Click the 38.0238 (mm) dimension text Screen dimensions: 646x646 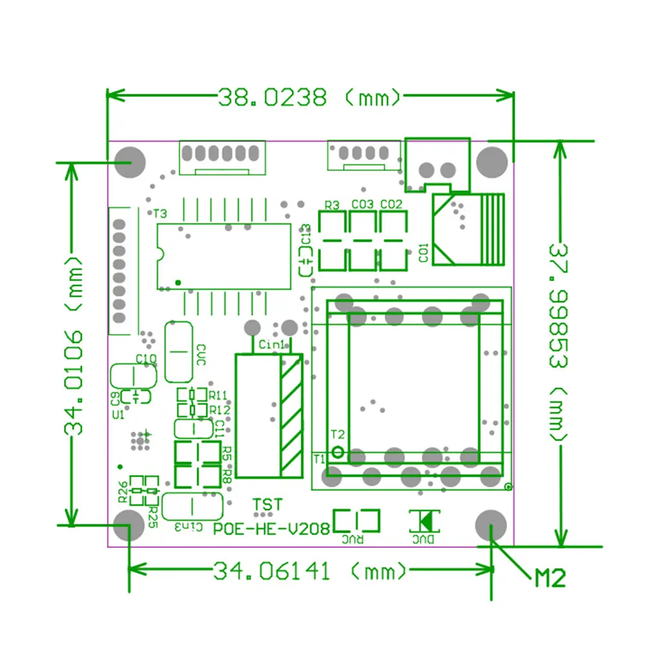[x=310, y=98]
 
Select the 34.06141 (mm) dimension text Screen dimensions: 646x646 [x=310, y=571]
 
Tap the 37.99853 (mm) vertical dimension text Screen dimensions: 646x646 [x=559, y=342]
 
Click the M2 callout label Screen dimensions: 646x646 [x=550, y=577]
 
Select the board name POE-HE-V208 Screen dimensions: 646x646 [x=272, y=528]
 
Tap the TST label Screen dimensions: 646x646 [x=267, y=504]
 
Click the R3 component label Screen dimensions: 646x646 [x=332, y=205]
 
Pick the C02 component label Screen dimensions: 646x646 [x=391, y=205]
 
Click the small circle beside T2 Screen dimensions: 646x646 [x=337, y=450]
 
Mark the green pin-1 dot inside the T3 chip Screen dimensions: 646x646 [x=178, y=282]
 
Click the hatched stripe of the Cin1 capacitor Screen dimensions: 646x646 [x=291, y=416]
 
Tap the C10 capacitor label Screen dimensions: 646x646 [x=145, y=358]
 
